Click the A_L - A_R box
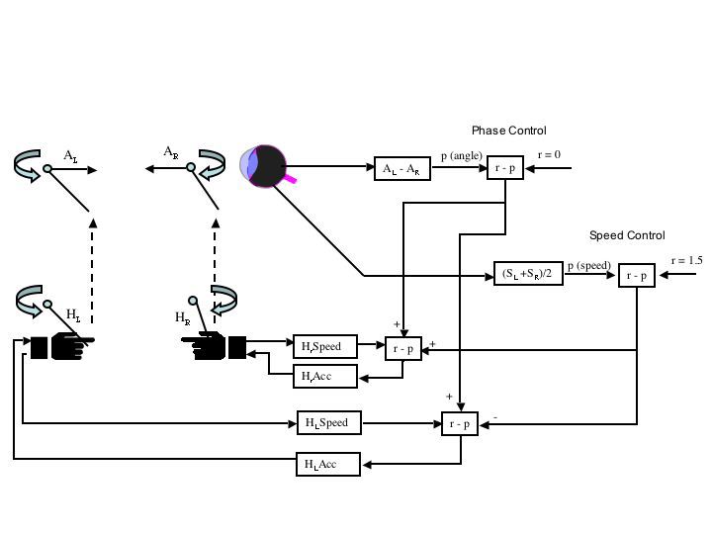click(x=402, y=168)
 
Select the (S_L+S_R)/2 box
click(x=528, y=274)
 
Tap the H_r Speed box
click(x=325, y=346)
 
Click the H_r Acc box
click(x=325, y=376)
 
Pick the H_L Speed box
click(x=329, y=423)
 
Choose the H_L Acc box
click(x=328, y=464)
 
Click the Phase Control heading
click(x=508, y=131)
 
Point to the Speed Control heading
click(x=627, y=235)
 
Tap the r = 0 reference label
click(x=549, y=155)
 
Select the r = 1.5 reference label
click(x=686, y=261)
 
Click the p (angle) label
click(x=462, y=156)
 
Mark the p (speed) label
click(x=589, y=266)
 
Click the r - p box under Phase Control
click(x=505, y=167)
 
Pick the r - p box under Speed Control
click(x=637, y=275)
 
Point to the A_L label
click(x=70, y=156)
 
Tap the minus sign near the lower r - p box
click(x=495, y=417)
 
